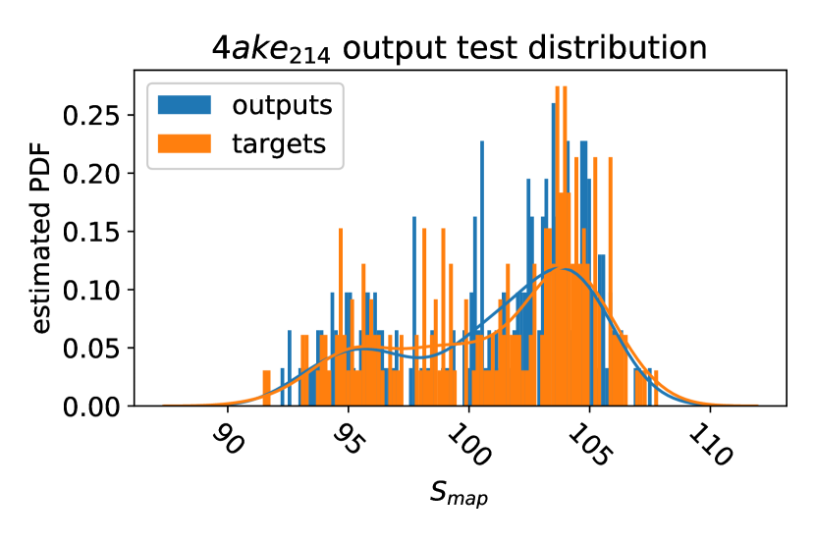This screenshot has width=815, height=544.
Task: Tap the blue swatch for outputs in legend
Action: [x=185, y=104]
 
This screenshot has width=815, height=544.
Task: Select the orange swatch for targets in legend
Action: [x=185, y=143]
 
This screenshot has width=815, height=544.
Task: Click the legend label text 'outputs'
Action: [x=282, y=105]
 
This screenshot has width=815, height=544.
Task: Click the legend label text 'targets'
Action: [x=279, y=144]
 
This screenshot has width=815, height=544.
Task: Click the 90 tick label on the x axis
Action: [x=228, y=441]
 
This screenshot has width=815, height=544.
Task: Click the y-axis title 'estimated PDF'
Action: [x=41, y=239]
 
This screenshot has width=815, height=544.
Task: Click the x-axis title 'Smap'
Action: [x=459, y=493]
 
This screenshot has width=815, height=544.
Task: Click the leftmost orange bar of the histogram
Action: [x=267, y=388]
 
